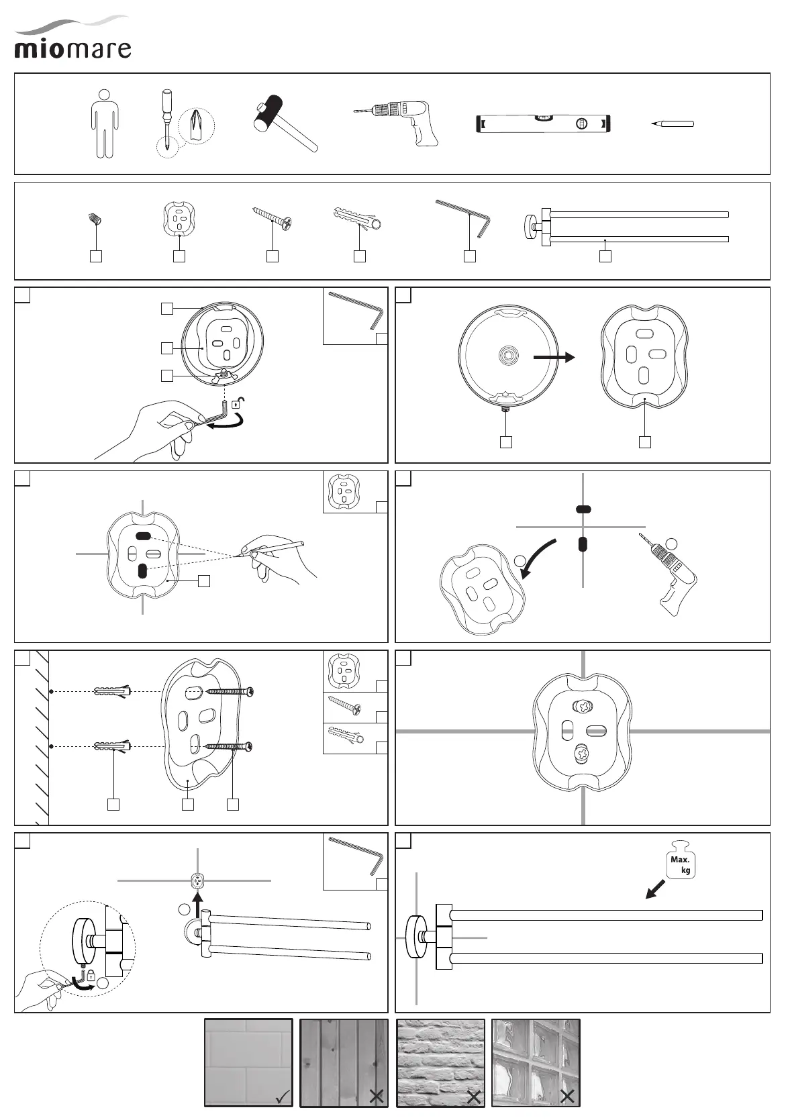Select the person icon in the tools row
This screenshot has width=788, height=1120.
tap(105, 124)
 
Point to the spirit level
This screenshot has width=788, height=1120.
tap(544, 124)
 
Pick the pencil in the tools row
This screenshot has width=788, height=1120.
tap(673, 123)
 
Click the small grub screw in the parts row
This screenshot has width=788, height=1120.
tap(94, 219)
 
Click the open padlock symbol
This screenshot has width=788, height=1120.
tap(238, 404)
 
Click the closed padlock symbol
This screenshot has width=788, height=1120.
tap(91, 976)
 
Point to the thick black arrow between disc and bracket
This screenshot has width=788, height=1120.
tap(554, 358)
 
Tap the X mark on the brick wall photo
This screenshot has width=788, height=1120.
tap(474, 1097)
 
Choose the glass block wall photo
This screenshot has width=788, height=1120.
tap(535, 1062)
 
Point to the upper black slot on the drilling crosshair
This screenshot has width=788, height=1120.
tap(583, 510)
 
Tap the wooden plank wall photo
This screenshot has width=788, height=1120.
tap(344, 1062)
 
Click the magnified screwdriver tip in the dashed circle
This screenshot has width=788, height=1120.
tap(197, 127)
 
